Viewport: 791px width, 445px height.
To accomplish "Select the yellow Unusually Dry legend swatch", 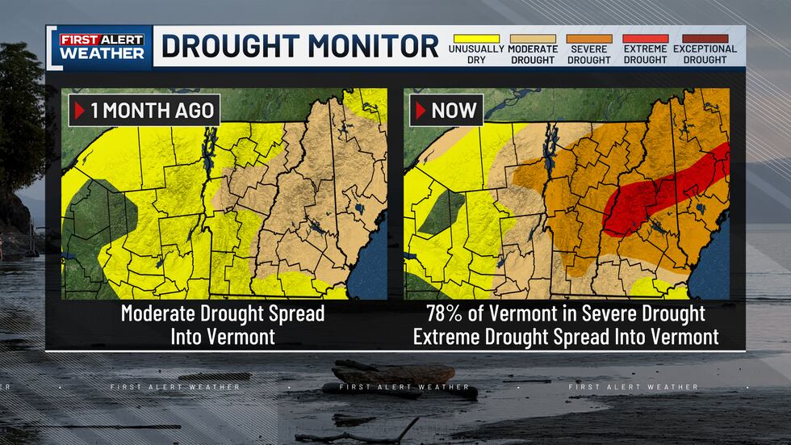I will (476, 39).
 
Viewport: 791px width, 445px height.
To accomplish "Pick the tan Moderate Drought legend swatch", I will (532, 39).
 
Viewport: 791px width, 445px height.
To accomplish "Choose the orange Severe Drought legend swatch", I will (588, 39).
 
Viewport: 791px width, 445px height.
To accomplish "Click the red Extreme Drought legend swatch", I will (645, 39).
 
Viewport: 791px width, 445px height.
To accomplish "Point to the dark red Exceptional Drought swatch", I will (705, 39).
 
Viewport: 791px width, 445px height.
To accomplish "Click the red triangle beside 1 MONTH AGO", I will (79, 110).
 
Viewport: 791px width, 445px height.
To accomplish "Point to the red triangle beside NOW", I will (421, 110).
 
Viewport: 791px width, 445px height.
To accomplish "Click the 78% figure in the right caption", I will (445, 313).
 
